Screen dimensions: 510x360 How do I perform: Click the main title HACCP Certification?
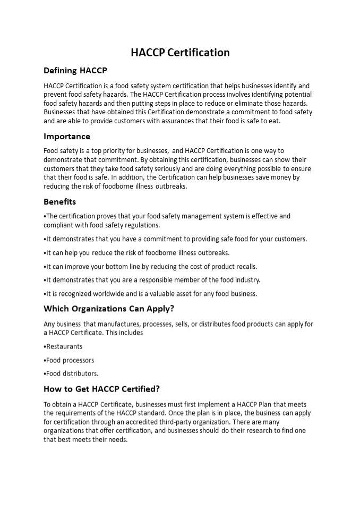(x=180, y=53)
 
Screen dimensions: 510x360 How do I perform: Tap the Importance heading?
(x=67, y=137)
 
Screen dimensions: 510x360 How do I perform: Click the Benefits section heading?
(x=59, y=202)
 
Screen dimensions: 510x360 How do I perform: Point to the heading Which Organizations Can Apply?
(x=109, y=309)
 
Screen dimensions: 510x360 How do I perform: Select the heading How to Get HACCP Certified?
(x=101, y=389)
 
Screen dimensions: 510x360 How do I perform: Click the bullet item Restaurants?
(x=64, y=346)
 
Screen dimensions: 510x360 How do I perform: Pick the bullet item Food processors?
(x=70, y=360)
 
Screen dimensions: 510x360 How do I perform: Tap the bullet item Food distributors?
(x=72, y=373)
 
